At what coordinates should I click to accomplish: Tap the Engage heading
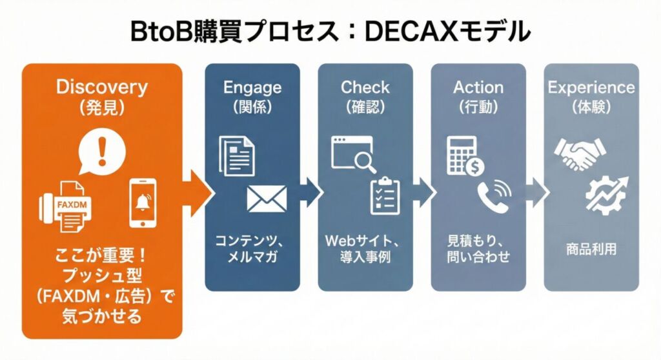coord(252,87)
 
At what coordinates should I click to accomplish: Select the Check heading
coord(365,87)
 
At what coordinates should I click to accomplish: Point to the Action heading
coord(478,87)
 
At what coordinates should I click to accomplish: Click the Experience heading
coord(591,87)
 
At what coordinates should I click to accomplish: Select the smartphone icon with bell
coord(141,202)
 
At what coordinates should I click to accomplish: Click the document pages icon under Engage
coord(236,154)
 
